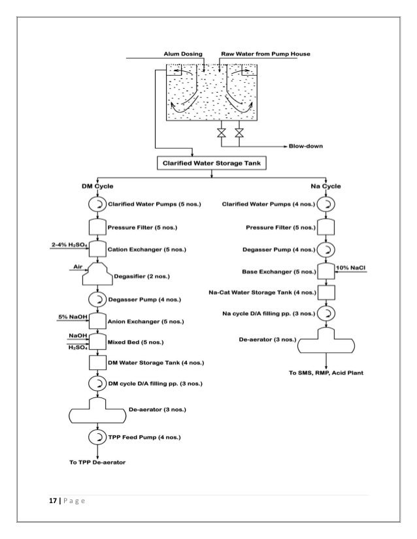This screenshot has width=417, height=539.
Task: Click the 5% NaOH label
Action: [x=71, y=316]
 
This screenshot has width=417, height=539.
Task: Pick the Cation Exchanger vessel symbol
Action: [x=97, y=248]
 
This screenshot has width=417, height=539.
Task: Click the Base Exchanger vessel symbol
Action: [x=325, y=270]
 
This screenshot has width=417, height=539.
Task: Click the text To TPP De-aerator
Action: [x=98, y=462]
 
